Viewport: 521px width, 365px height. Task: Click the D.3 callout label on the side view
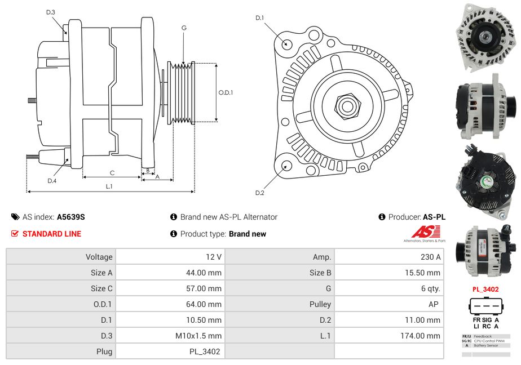tap(51, 12)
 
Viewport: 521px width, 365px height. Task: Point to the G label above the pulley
tap(184, 28)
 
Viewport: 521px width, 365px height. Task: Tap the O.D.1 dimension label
tap(226, 92)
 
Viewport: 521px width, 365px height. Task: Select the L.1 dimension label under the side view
tap(109, 186)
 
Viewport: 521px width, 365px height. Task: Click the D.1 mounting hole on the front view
tap(286, 43)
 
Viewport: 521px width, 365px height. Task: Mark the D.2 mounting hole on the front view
tap(286, 166)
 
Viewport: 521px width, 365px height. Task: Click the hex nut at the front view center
tap(347, 105)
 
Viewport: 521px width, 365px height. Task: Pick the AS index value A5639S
tap(71, 217)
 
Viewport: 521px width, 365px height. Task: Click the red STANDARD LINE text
tap(52, 234)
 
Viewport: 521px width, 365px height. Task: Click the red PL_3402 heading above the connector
tap(485, 290)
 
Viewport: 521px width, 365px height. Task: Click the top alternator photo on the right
tap(485, 38)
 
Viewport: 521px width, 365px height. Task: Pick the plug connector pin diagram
tap(485, 306)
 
